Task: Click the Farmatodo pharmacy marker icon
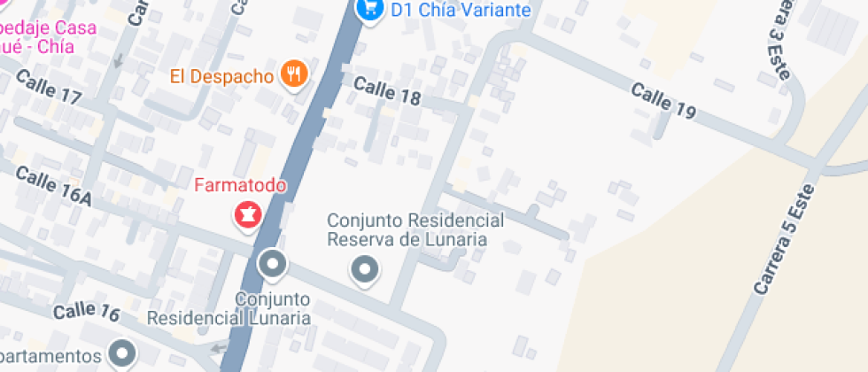247,214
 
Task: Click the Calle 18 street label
387,90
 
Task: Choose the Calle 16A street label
53,186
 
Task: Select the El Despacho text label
222,75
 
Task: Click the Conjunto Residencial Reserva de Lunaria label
415,229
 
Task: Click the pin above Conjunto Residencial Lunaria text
273,264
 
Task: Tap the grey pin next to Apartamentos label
121,354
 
